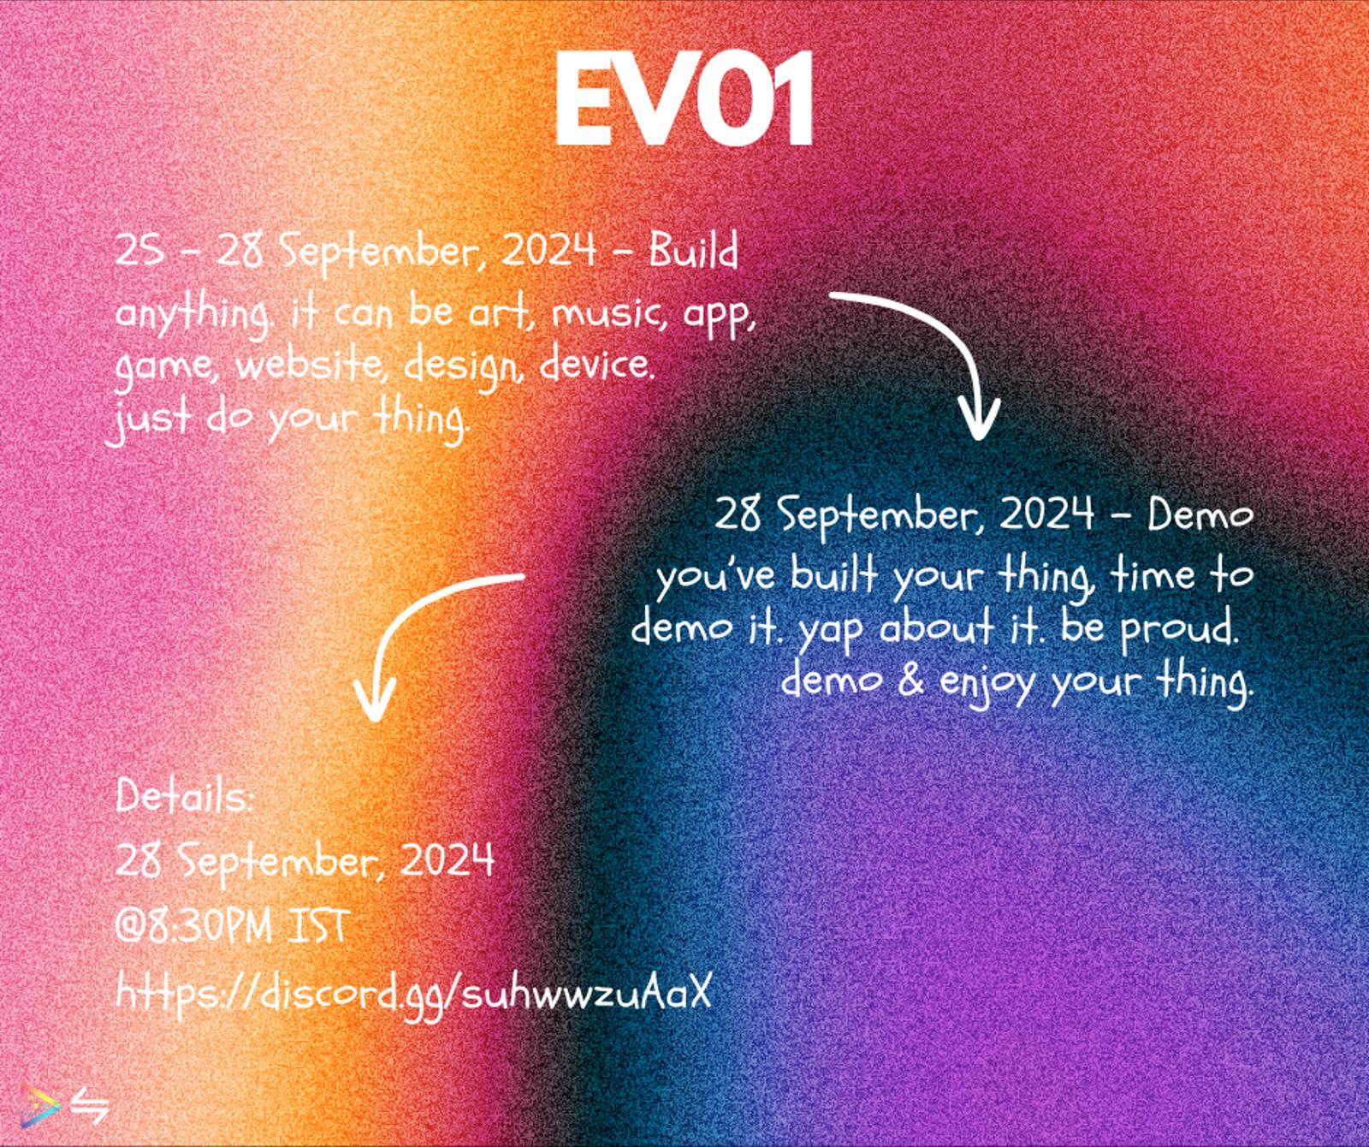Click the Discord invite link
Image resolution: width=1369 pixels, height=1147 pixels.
coord(413,994)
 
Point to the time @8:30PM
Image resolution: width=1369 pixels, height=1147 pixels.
coord(195,926)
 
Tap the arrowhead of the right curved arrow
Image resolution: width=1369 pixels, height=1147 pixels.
coord(978,417)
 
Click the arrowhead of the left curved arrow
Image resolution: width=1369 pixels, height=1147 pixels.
coord(374,698)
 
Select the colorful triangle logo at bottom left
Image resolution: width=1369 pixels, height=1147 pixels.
coord(35,1104)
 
